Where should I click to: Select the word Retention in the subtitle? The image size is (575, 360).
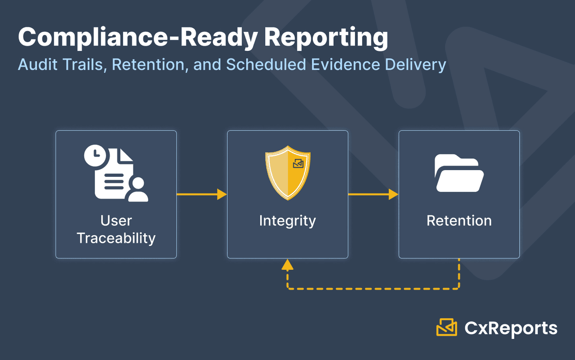(x=150, y=65)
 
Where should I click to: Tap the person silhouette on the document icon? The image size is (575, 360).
(x=138, y=189)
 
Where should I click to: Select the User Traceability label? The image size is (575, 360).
(x=116, y=229)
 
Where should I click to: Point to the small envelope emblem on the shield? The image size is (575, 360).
(x=298, y=163)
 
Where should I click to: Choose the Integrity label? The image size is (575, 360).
(x=287, y=221)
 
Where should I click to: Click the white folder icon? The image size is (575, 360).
(x=459, y=174)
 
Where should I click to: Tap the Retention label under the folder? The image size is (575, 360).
(x=459, y=221)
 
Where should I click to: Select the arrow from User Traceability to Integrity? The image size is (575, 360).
(x=201, y=194)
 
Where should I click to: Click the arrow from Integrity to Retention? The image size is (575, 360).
(x=373, y=194)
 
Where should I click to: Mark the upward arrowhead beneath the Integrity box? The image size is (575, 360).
(x=287, y=264)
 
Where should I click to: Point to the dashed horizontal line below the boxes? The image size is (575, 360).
(x=374, y=289)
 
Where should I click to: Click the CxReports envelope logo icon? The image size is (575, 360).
(x=447, y=328)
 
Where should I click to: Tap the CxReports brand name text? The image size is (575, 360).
(x=511, y=328)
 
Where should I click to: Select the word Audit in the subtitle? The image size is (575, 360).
(x=36, y=65)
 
